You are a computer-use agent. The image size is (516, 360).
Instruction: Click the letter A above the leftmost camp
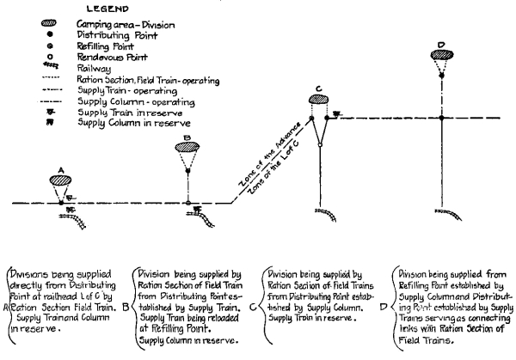click(x=59, y=168)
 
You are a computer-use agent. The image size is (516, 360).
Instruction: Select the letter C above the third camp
click(x=318, y=88)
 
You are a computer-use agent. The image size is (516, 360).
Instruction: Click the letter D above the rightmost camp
click(x=440, y=45)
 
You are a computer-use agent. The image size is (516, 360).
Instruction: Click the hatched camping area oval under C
click(x=318, y=100)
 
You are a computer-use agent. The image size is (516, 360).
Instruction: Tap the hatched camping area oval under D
click(x=440, y=57)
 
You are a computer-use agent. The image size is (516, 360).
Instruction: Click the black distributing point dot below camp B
click(x=187, y=169)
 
